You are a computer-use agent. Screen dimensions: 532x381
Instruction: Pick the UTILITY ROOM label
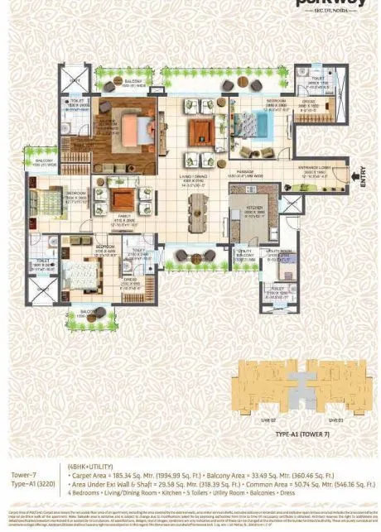click(279, 253)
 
